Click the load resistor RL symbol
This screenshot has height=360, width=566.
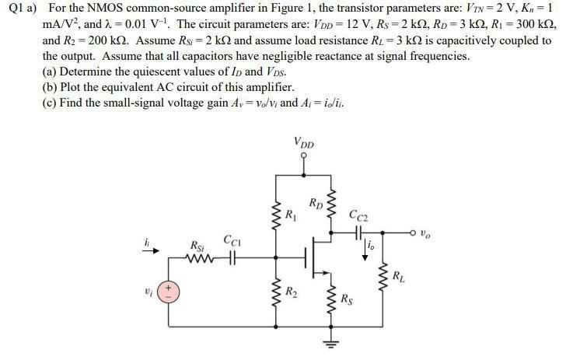[383, 277]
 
